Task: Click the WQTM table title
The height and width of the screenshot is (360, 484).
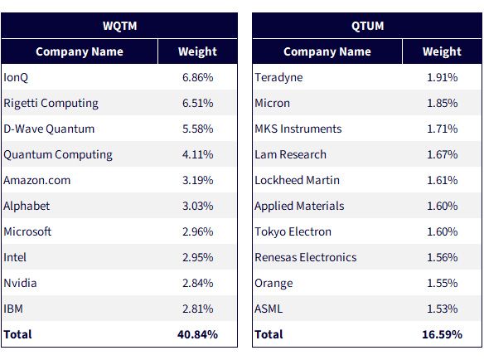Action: (x=120, y=26)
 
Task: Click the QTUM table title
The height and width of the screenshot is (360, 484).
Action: (x=367, y=26)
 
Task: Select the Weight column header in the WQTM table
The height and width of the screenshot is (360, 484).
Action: (x=197, y=51)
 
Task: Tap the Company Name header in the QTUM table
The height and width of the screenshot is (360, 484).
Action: (x=327, y=52)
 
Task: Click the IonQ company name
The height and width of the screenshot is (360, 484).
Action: (x=16, y=78)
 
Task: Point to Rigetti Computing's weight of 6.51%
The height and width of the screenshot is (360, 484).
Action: (x=197, y=103)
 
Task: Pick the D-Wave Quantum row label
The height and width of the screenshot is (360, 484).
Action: (x=49, y=129)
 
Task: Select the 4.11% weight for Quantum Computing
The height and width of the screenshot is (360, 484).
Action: (x=197, y=154)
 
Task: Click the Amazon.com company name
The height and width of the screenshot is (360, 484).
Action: (x=37, y=180)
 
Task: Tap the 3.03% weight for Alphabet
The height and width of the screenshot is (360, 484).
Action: (x=197, y=206)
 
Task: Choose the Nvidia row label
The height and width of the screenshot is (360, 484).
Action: (x=20, y=283)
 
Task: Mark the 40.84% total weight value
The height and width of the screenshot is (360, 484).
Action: (x=197, y=334)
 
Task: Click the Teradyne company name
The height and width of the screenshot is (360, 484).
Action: (x=278, y=78)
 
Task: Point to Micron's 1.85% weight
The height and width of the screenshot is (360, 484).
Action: (x=442, y=103)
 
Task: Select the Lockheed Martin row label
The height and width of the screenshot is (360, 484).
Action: (x=297, y=180)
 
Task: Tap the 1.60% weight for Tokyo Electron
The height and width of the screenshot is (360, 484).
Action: (x=442, y=231)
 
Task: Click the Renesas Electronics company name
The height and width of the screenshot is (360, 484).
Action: (x=306, y=257)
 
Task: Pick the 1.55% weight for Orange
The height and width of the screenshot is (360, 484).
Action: (x=442, y=283)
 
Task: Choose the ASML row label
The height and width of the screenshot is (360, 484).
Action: (x=269, y=309)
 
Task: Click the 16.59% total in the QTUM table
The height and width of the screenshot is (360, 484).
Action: (x=442, y=334)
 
